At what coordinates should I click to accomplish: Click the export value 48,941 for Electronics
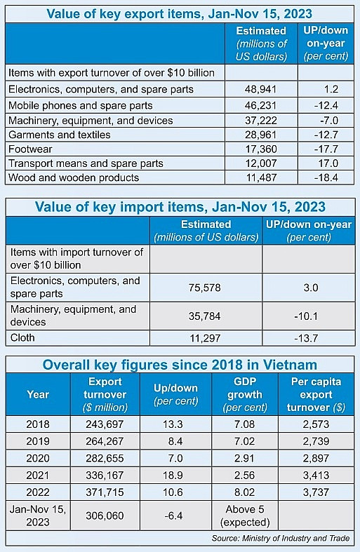pos(261,89)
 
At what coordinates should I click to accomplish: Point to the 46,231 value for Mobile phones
pos(261,105)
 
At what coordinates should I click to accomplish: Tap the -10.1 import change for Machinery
pos(309,316)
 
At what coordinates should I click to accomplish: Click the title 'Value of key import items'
pos(180,207)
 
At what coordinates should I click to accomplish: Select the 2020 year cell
pos(38,457)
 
